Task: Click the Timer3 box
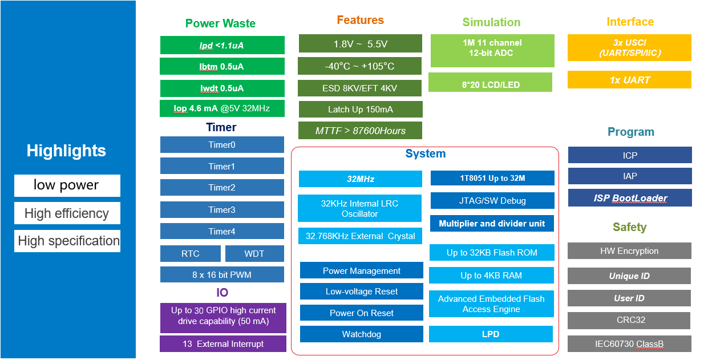[222, 210]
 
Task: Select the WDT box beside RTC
[254, 254]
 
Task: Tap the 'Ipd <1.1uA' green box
[222, 46]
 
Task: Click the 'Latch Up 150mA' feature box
[361, 110]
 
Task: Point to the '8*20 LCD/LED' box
[490, 85]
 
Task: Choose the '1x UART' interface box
[629, 80]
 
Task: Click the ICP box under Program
[630, 155]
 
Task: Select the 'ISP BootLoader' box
[630, 199]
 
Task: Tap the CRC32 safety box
[630, 320]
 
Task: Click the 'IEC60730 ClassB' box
[630, 344]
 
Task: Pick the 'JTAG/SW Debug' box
[492, 201]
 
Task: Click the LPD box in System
[491, 334]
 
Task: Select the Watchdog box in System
[362, 334]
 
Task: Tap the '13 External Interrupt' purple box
[223, 344]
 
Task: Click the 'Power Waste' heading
[220, 23]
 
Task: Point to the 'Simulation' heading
[491, 22]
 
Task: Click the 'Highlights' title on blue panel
[66, 151]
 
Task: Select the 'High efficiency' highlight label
[67, 213]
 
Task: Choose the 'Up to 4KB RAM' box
[491, 276]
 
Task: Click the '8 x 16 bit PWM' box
[222, 275]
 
